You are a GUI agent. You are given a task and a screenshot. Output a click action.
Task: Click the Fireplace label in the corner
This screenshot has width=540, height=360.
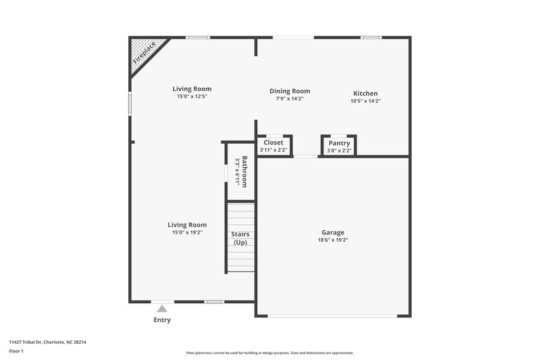coord(144,52)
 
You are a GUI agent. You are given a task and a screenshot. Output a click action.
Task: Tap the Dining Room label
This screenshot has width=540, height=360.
coord(290,91)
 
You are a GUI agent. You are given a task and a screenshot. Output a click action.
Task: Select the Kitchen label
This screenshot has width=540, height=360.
coord(365,93)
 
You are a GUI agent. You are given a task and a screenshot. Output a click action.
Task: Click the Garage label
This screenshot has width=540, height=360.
coord(333,232)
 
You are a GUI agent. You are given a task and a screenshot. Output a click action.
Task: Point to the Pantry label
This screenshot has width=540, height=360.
coord(339,143)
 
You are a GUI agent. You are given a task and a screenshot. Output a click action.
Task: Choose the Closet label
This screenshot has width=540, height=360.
coord(273,143)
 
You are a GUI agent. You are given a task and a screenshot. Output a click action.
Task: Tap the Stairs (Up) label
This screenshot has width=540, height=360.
coord(240,238)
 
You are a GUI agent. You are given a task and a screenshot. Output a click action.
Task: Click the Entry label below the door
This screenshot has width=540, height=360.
coord(162,320)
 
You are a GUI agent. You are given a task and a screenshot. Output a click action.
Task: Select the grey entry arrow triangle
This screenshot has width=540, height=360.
coord(162,309)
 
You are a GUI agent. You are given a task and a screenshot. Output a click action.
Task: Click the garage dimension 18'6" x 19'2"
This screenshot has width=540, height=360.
coord(333,240)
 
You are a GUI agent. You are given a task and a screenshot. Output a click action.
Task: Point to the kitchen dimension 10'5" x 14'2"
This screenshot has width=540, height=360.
coord(365,101)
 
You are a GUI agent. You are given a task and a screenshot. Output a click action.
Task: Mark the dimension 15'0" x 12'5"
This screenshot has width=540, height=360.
coord(192,97)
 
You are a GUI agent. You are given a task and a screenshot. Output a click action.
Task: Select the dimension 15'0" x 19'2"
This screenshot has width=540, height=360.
coord(187,232)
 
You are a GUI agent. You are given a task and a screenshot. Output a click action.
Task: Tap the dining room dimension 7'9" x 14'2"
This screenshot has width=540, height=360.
coord(290,99)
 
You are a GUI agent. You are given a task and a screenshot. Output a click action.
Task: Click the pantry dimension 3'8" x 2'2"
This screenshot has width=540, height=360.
coord(339,151)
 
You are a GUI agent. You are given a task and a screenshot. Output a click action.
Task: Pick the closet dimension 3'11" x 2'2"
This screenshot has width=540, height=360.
coord(273,150)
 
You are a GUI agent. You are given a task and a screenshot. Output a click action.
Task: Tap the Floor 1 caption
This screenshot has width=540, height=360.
coord(16,352)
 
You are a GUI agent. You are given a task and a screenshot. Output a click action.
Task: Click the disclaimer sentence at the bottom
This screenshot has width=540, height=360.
coord(270,353)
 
